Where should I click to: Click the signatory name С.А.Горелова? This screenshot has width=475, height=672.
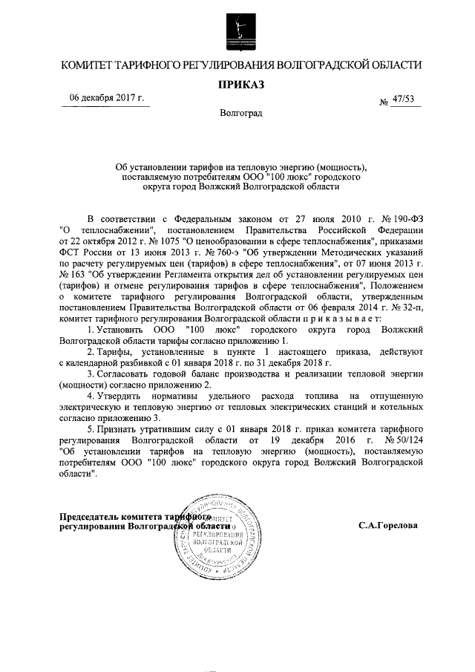[x=387, y=526]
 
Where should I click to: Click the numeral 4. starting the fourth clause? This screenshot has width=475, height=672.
[x=91, y=398]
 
